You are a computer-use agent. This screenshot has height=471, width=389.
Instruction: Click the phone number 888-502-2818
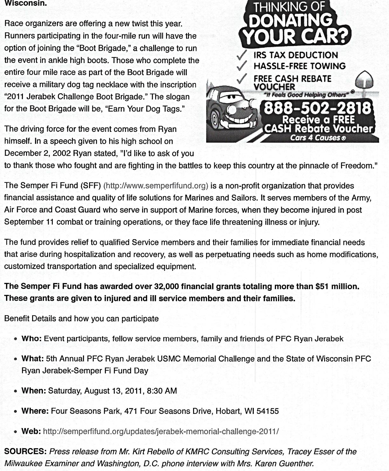(x=317, y=109)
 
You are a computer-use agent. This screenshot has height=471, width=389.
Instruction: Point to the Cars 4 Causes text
(x=317, y=138)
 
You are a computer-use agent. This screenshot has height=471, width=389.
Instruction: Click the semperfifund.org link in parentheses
(x=156, y=186)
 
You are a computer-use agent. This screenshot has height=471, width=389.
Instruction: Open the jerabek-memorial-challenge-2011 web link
(x=161, y=432)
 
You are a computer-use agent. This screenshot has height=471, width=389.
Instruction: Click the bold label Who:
(x=31, y=339)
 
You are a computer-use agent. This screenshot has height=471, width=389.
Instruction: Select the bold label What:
(x=32, y=359)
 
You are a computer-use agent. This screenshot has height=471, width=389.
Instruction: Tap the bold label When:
(x=34, y=391)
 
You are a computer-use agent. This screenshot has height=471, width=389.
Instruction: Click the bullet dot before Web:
(x=16, y=432)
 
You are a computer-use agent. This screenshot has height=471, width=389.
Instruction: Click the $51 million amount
(x=337, y=287)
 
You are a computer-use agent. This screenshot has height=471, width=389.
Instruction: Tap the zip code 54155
(x=267, y=411)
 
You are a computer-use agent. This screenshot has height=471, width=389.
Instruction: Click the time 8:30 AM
(x=162, y=391)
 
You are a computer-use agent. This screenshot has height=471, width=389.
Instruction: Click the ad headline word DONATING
(x=290, y=21)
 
